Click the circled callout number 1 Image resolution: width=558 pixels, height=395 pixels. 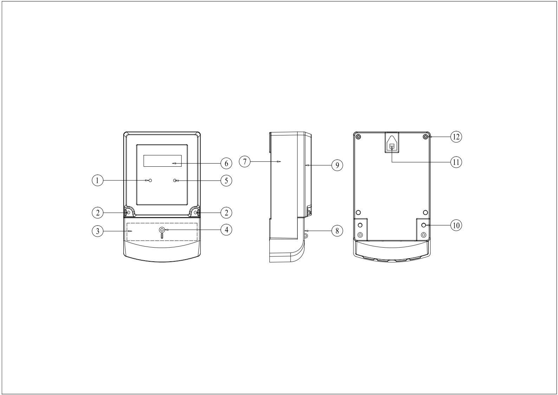[x=97, y=180]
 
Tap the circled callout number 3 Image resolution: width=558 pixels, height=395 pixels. [x=97, y=231]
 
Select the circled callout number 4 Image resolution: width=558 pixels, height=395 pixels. [x=226, y=229]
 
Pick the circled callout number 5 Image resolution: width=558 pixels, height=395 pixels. [x=226, y=180]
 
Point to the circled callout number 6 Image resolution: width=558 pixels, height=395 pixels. [x=226, y=163]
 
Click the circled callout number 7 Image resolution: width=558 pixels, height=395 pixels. [x=245, y=161]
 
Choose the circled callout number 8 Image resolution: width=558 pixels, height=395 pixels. [x=337, y=231]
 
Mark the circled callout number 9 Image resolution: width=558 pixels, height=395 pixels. [x=337, y=165]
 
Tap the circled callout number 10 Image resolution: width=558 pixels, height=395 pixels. [x=456, y=225]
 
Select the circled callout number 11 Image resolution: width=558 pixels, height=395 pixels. [x=456, y=162]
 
